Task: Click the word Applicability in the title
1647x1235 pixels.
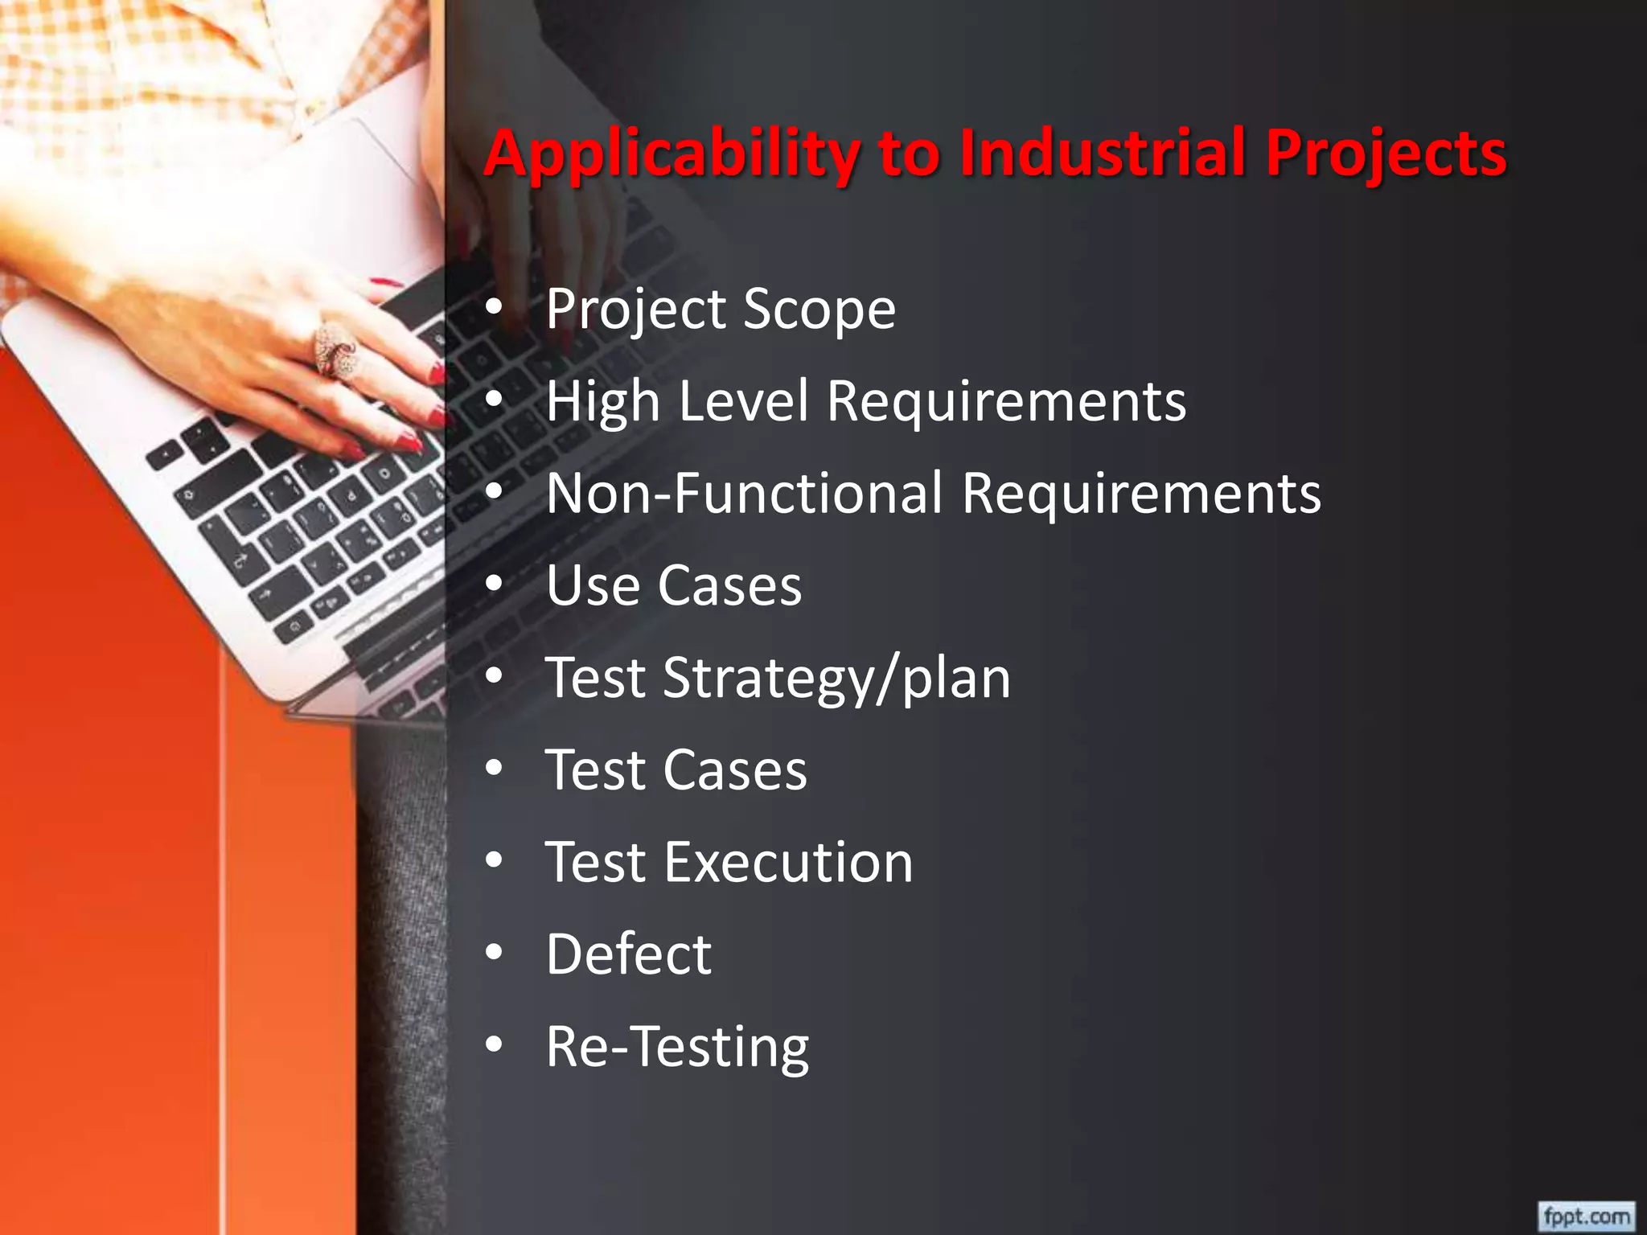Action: coord(672,154)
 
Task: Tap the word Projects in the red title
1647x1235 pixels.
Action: coord(1386,154)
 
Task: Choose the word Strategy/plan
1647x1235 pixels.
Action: coord(836,679)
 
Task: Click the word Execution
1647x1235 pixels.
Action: coord(788,863)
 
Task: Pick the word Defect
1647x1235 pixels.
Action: coord(629,954)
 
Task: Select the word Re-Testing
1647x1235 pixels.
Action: coord(677,1048)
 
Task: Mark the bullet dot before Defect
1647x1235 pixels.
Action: coord(495,953)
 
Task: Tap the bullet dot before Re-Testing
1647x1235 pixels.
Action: coord(495,1045)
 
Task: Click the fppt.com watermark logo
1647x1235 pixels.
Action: coord(1586,1215)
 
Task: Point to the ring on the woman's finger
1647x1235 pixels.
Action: coord(335,350)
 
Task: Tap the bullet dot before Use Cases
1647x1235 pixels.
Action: coord(495,583)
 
